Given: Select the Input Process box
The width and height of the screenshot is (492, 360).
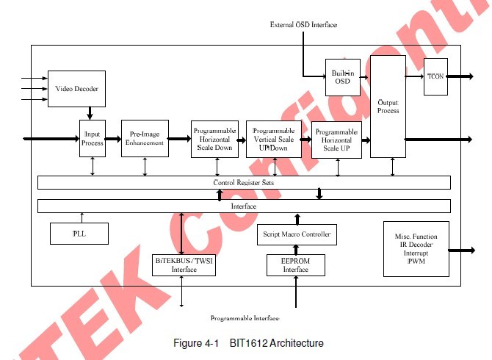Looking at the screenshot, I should click(93, 138).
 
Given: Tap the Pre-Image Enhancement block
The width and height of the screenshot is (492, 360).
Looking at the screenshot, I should click(145, 138).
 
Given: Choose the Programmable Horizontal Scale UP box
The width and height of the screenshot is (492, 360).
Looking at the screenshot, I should click(336, 140).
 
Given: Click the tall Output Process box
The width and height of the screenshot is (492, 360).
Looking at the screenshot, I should click(388, 106).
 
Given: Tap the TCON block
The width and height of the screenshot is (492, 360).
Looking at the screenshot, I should click(435, 76).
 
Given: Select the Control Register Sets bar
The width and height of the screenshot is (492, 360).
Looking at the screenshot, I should click(244, 181).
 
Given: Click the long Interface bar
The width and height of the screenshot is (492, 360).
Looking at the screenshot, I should click(244, 206).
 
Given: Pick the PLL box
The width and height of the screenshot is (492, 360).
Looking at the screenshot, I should click(79, 234).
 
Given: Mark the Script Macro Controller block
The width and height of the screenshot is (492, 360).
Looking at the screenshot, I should click(297, 235).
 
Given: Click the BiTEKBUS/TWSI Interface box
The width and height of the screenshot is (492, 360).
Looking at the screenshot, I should click(184, 264).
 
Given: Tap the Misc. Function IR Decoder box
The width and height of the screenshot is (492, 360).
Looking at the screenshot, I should click(415, 250).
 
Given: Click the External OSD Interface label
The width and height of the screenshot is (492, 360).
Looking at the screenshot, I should click(303, 25).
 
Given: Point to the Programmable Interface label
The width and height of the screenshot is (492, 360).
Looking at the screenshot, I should click(244, 318).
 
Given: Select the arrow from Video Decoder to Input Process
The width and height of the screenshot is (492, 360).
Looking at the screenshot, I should click(90, 112).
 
